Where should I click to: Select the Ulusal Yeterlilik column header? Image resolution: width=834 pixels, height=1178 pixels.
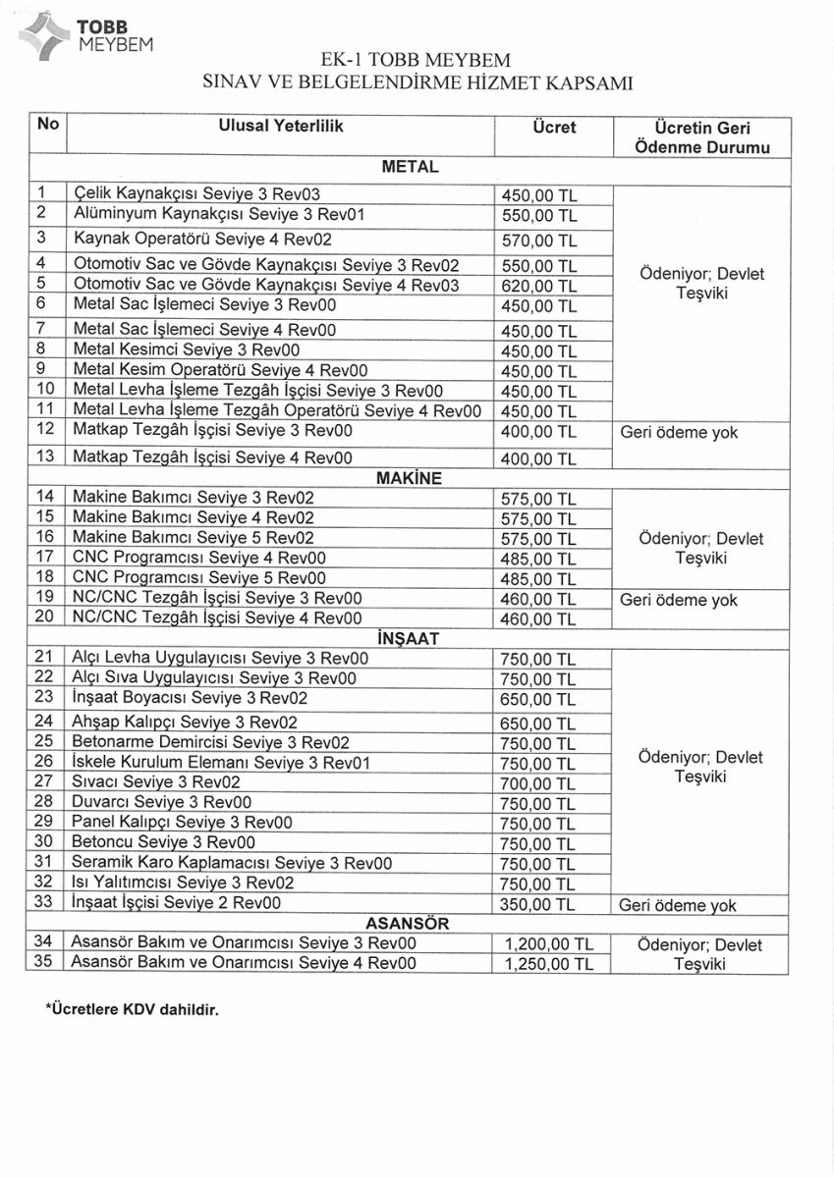point(281,127)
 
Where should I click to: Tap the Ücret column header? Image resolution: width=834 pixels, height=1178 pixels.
point(553,128)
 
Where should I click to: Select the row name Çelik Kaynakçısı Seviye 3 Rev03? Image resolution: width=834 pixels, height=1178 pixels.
point(197,193)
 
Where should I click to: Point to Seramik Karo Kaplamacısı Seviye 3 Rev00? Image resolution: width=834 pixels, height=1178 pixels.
point(233,863)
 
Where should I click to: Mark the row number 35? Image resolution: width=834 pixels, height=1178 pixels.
point(43,963)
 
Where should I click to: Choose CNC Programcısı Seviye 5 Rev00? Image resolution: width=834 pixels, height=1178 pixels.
point(199,577)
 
